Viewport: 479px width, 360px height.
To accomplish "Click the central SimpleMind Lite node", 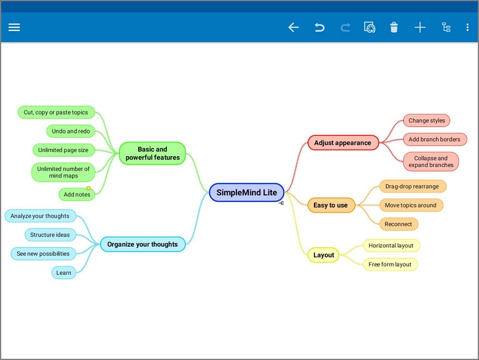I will tap(247, 193).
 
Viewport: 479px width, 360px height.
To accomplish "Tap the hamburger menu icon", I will tap(14, 27).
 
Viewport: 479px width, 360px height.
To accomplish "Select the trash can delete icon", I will tap(394, 27).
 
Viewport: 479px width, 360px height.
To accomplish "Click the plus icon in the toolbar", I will tap(420, 27).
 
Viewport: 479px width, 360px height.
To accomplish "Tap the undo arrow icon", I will tap(319, 27).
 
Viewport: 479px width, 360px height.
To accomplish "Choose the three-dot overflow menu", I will tap(467, 27).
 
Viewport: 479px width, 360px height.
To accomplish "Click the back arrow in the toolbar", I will tap(293, 27).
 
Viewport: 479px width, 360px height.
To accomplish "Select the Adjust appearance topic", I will tap(343, 142).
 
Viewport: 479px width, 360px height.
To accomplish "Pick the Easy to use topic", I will tap(331, 205).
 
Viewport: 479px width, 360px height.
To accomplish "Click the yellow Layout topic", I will tap(324, 255).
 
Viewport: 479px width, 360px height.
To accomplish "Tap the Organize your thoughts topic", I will tap(142, 244).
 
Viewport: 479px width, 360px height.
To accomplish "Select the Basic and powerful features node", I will tap(153, 153).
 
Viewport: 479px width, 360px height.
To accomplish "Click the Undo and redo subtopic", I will tap(71, 131).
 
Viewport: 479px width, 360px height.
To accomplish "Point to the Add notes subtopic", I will tap(77, 194).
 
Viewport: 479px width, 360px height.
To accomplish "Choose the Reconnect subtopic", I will tap(399, 224).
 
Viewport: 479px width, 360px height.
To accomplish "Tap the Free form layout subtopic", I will tap(390, 264).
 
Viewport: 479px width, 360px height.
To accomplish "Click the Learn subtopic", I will tap(64, 272).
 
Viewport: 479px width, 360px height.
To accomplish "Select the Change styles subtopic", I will tap(427, 120).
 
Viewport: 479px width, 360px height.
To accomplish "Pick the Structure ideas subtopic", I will tap(50, 235).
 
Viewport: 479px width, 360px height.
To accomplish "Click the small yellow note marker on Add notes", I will tap(89, 188).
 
